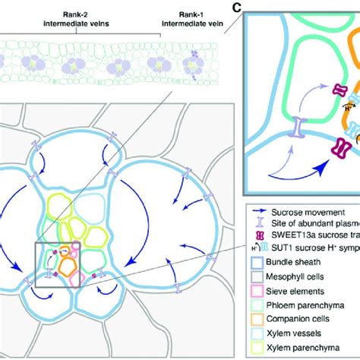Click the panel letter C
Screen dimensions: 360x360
click(x=237, y=8)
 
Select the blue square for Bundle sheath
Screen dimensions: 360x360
click(x=257, y=249)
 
